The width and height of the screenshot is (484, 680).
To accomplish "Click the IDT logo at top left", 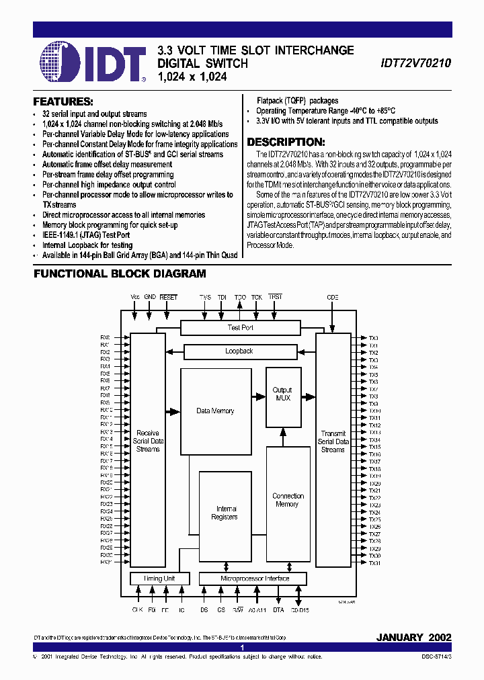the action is [x=93, y=61].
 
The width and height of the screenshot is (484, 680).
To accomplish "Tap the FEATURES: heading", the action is [x=63, y=101].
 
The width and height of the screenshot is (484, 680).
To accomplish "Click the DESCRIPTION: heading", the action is [x=286, y=142].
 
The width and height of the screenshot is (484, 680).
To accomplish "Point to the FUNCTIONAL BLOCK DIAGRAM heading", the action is [x=120, y=273].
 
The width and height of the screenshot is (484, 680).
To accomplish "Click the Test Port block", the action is [x=240, y=327].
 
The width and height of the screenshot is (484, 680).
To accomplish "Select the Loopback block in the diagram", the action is [x=239, y=351].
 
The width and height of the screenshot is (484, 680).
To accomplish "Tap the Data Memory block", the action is [x=215, y=411].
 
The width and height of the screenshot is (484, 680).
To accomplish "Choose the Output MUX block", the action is [x=282, y=394].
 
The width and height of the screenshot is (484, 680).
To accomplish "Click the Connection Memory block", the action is [x=288, y=500].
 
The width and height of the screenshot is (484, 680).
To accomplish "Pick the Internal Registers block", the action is [x=225, y=513].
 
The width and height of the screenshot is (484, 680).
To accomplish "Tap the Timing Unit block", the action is [x=159, y=579].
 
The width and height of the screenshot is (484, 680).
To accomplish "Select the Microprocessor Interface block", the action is [x=253, y=579].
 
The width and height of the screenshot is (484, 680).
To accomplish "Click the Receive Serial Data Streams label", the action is [x=148, y=441].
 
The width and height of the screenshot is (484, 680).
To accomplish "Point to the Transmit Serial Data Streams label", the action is [x=333, y=441].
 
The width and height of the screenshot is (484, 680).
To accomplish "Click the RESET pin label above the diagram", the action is [x=169, y=297].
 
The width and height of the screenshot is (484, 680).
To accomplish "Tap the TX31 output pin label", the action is [x=374, y=563].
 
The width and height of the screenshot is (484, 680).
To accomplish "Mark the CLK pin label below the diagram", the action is [x=138, y=610].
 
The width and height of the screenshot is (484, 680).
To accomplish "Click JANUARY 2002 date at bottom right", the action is [x=413, y=636].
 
